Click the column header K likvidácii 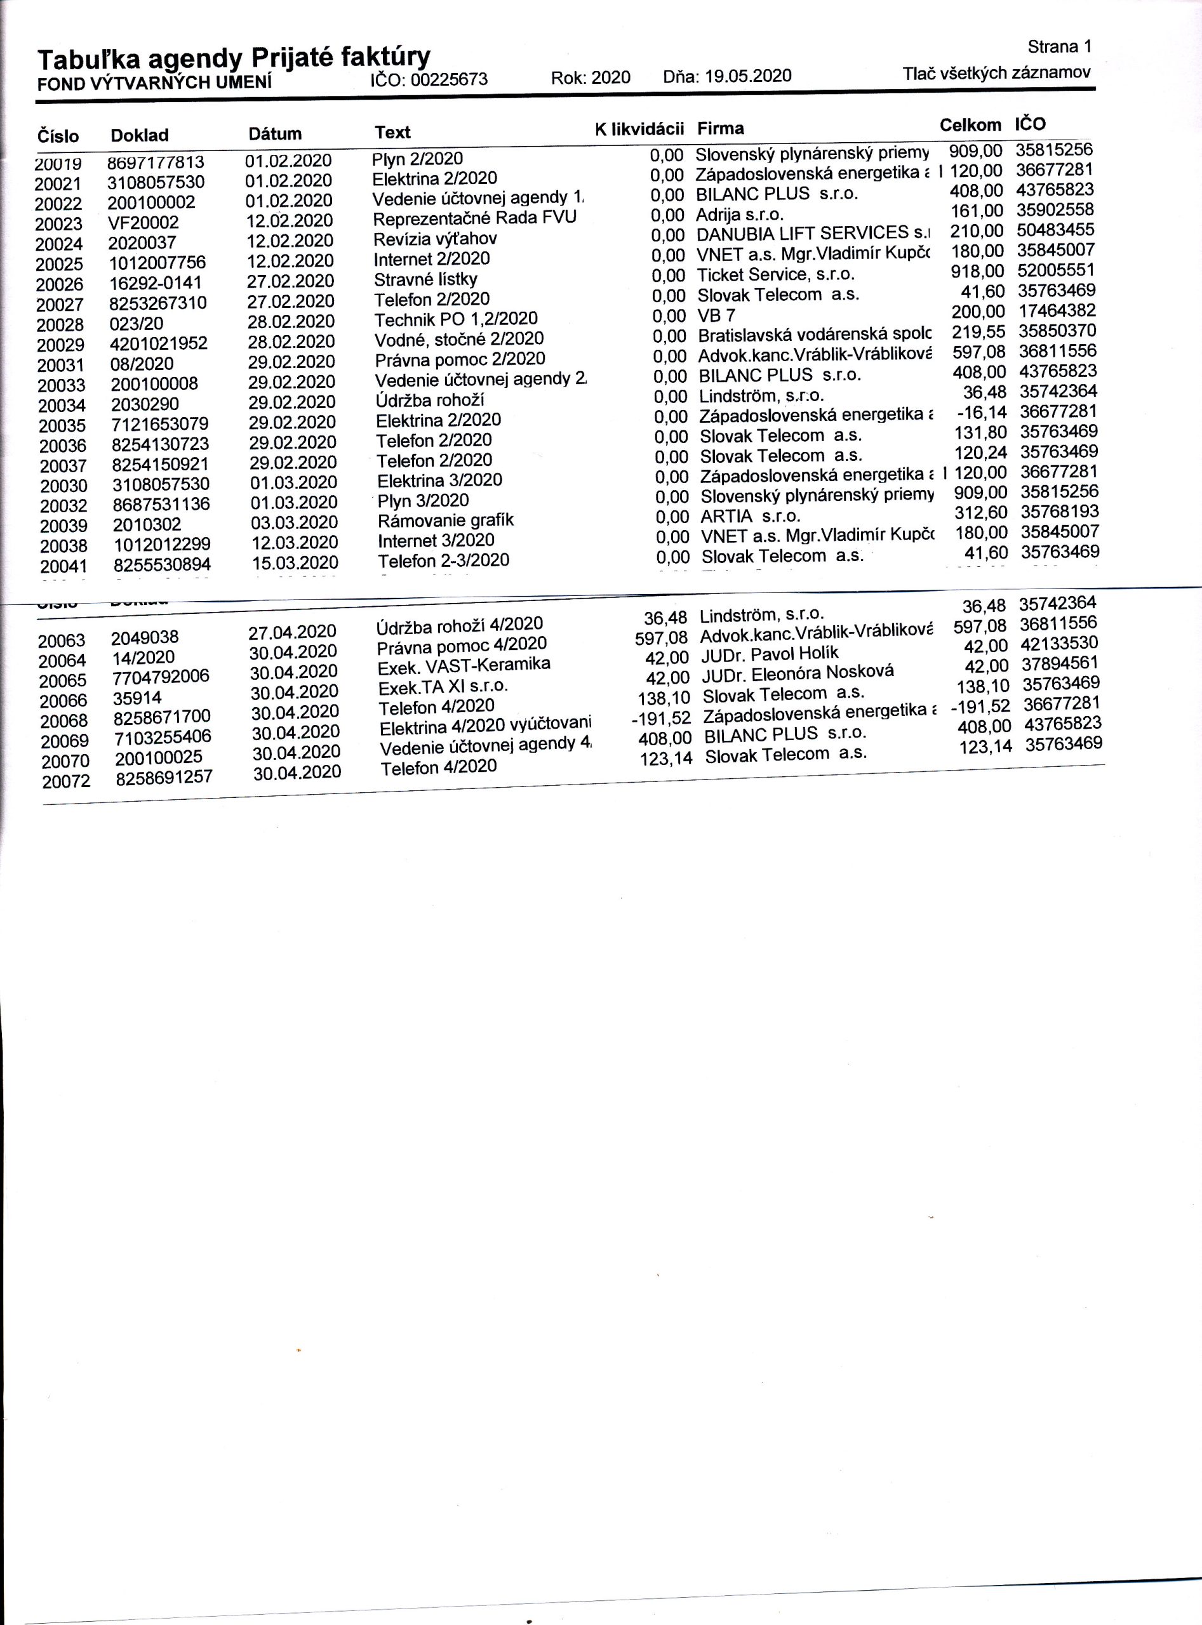click(x=639, y=129)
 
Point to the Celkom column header click(x=970, y=125)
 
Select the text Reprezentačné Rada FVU click(x=474, y=218)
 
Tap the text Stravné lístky click(x=425, y=279)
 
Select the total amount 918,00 click(x=977, y=271)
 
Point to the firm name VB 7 click(x=716, y=315)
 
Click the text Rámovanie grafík click(x=445, y=520)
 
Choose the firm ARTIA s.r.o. click(x=750, y=517)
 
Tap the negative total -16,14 click(x=982, y=413)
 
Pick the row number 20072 click(x=66, y=782)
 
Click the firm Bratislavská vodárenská click(x=814, y=335)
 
